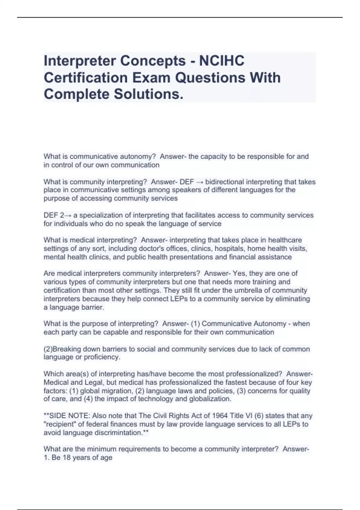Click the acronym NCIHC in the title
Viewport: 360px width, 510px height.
[x=222, y=61]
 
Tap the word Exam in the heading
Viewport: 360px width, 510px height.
[x=152, y=78]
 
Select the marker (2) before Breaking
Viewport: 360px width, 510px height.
[x=48, y=349]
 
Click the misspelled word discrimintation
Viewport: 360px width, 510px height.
[x=121, y=433]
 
